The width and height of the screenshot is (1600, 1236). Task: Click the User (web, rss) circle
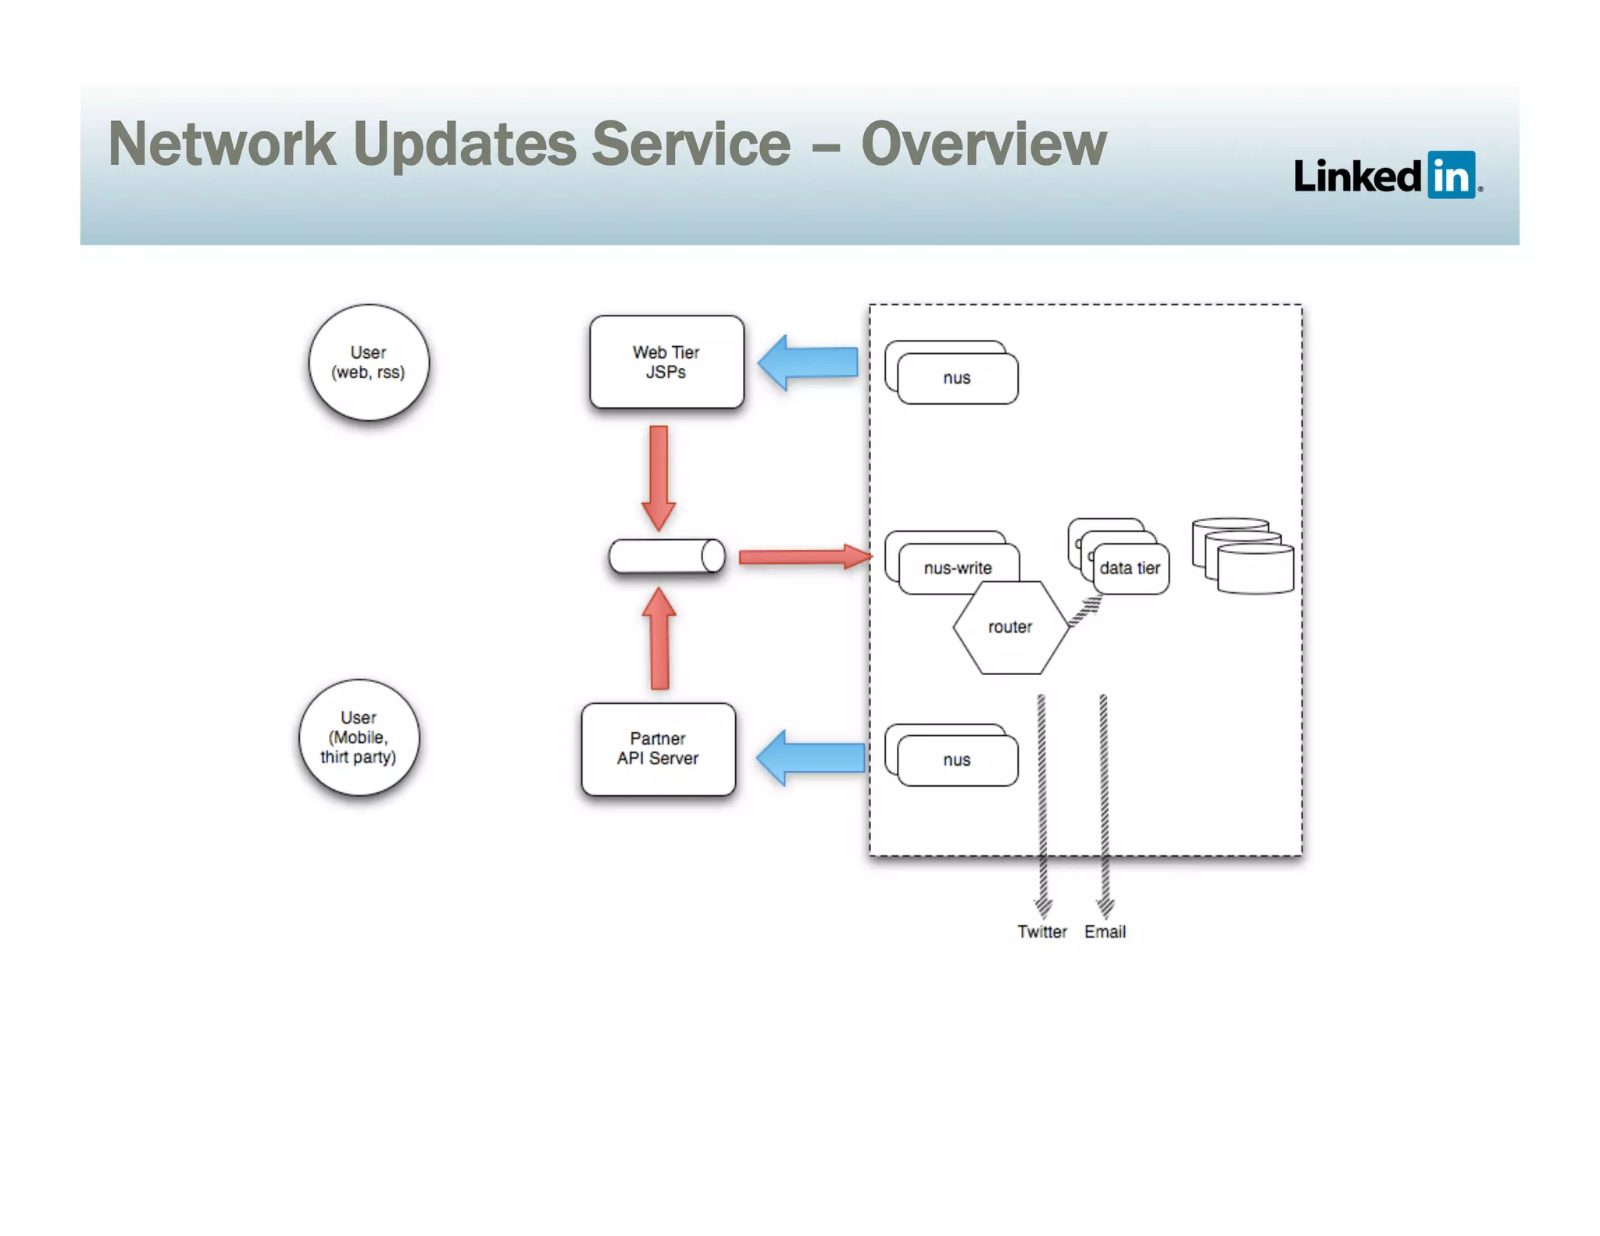tap(368, 363)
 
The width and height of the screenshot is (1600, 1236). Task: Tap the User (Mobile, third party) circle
tap(359, 737)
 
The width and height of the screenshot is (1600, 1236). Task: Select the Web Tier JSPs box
tap(666, 362)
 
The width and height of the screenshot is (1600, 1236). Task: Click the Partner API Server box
tap(658, 748)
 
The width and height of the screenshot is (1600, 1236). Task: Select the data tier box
tap(1130, 568)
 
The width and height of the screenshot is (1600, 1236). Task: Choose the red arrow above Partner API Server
tap(659, 639)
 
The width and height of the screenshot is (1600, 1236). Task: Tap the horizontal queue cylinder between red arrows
tap(666, 556)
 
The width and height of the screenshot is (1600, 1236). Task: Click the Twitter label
tap(1041, 931)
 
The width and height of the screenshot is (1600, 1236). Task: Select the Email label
tap(1105, 931)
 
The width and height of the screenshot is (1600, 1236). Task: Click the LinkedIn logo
tap(1387, 175)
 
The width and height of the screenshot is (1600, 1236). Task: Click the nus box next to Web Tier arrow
tap(956, 377)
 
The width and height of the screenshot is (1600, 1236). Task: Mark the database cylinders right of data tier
tap(1244, 556)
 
